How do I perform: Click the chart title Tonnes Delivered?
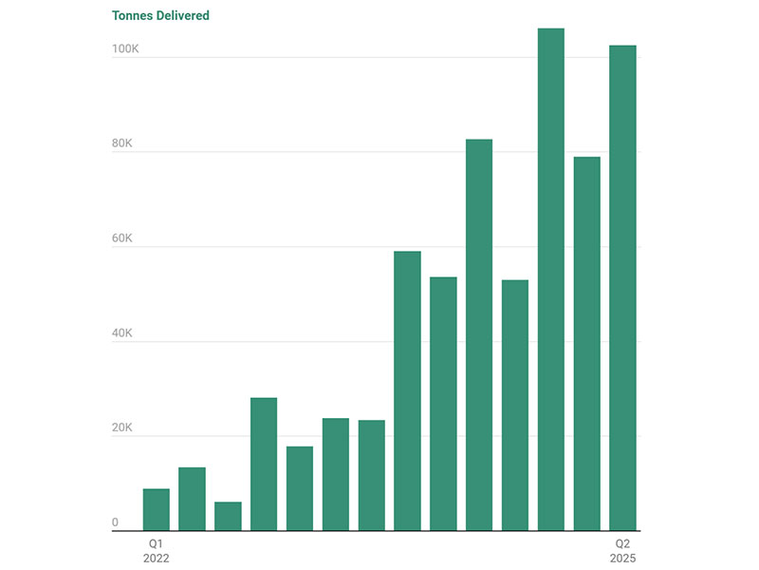pos(160,15)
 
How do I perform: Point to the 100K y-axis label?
pos(125,48)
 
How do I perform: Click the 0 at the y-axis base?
pos(115,522)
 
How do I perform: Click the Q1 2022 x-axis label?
pos(156,550)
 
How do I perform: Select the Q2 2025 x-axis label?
pos(622,550)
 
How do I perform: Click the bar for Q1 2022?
pos(156,510)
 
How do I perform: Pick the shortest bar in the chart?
pos(228,516)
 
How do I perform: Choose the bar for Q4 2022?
pos(264,465)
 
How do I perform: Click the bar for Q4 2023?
pos(407,390)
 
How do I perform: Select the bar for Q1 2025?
pos(586,343)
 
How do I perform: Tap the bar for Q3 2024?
pos(515,405)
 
